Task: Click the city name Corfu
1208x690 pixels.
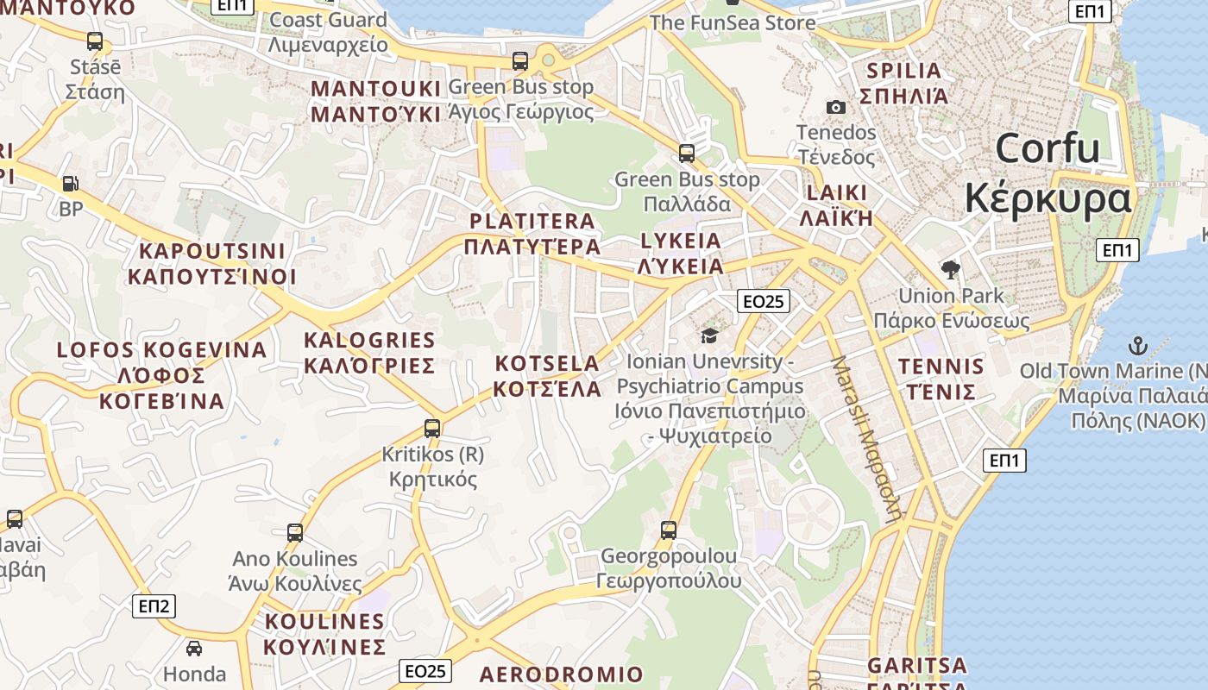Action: [1048, 148]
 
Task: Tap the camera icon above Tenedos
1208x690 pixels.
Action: [835, 107]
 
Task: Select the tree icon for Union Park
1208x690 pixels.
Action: [951, 269]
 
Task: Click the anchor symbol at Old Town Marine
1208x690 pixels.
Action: [1138, 346]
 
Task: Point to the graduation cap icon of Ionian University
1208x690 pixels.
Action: [709, 336]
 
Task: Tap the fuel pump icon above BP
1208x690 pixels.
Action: [70, 183]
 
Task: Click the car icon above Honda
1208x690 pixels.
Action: [194, 648]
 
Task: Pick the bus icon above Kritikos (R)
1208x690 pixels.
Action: [432, 428]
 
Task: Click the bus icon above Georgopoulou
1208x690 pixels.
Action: [669, 530]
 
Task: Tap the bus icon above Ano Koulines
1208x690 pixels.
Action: [295, 532]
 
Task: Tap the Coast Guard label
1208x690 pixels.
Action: [328, 20]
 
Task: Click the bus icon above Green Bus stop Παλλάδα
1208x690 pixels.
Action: [687, 154]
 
